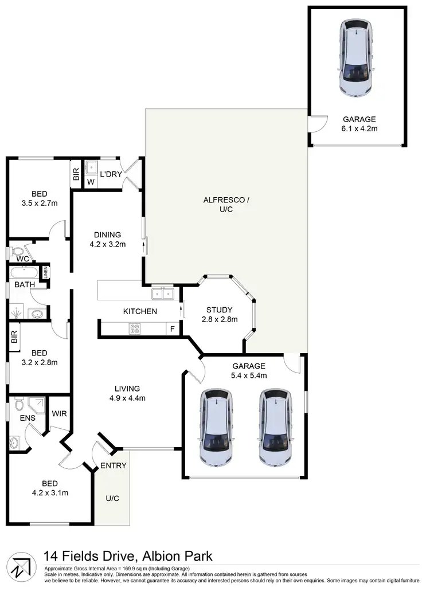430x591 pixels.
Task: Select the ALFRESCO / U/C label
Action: tap(226, 200)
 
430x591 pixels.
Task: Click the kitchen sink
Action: tap(162, 294)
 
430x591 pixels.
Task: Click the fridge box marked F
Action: tap(171, 330)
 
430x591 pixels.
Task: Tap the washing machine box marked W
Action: tap(90, 183)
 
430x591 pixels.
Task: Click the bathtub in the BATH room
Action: tap(23, 272)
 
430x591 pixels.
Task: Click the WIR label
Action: tap(59, 413)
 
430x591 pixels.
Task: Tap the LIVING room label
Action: tap(127, 388)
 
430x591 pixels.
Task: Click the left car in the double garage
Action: tap(216, 427)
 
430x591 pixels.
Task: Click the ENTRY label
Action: tap(113, 465)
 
